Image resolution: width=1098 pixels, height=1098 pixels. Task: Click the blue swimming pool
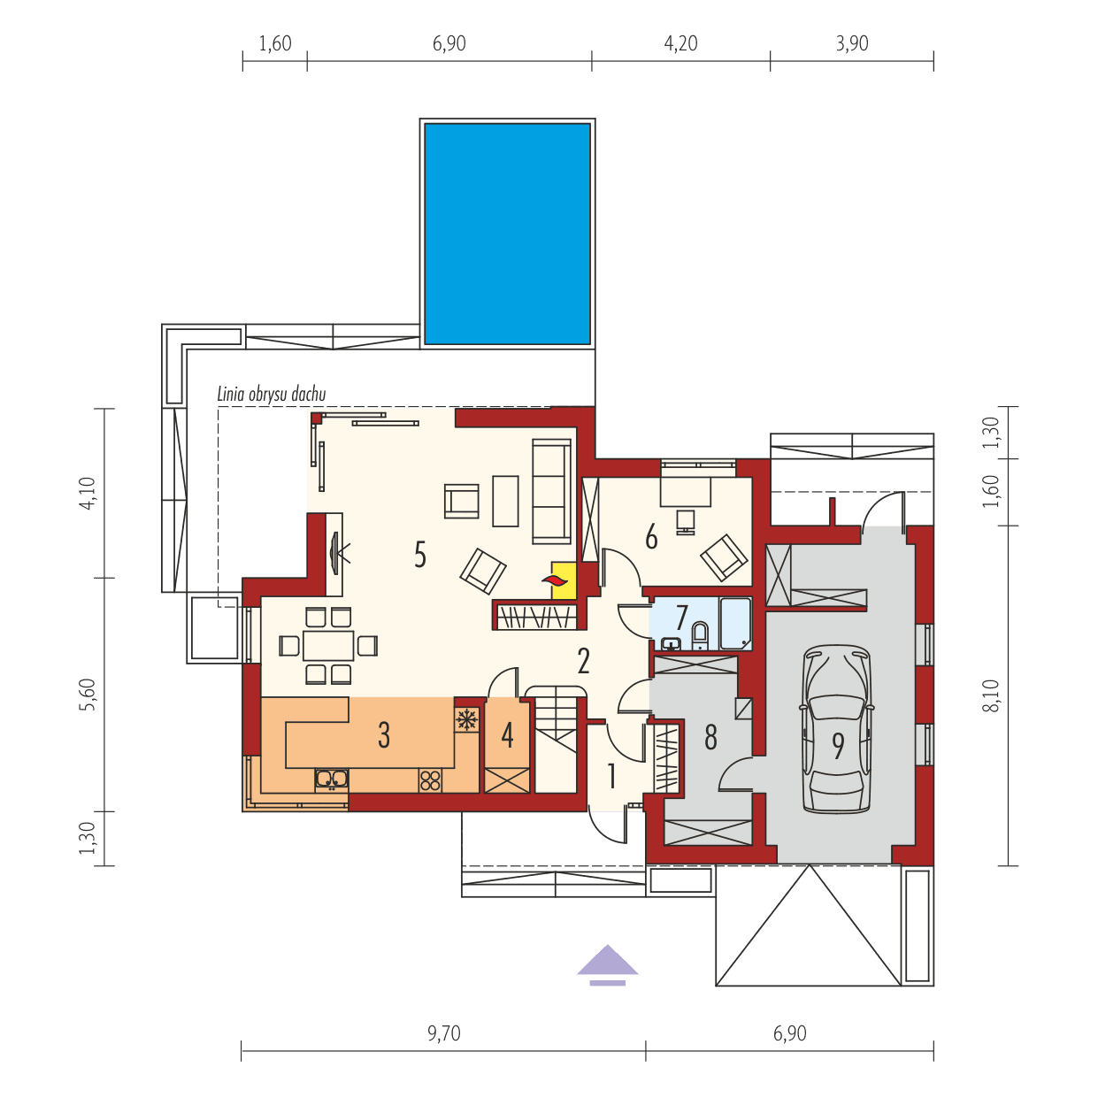(x=507, y=234)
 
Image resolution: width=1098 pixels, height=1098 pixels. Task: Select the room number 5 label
(x=420, y=555)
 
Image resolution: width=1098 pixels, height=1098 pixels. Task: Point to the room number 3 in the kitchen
(x=383, y=734)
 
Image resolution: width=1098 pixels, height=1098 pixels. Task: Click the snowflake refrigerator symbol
(x=465, y=720)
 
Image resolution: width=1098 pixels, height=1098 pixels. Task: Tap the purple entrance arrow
(x=607, y=965)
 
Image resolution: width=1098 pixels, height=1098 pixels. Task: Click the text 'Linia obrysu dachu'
(x=272, y=395)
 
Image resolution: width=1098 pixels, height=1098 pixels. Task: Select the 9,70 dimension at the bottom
(x=443, y=1033)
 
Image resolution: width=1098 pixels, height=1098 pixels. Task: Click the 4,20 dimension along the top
(x=680, y=43)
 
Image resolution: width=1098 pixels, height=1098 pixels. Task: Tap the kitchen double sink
(x=332, y=779)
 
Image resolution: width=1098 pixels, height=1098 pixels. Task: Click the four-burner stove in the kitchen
(x=430, y=779)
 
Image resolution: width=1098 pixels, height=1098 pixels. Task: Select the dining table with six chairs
(x=328, y=645)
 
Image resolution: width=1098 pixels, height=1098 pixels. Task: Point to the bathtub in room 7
(x=734, y=624)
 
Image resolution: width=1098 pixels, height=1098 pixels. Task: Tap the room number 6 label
(x=651, y=536)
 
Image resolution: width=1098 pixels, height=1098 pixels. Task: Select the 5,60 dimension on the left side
(x=86, y=695)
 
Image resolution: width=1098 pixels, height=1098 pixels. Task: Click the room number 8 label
(x=710, y=737)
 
